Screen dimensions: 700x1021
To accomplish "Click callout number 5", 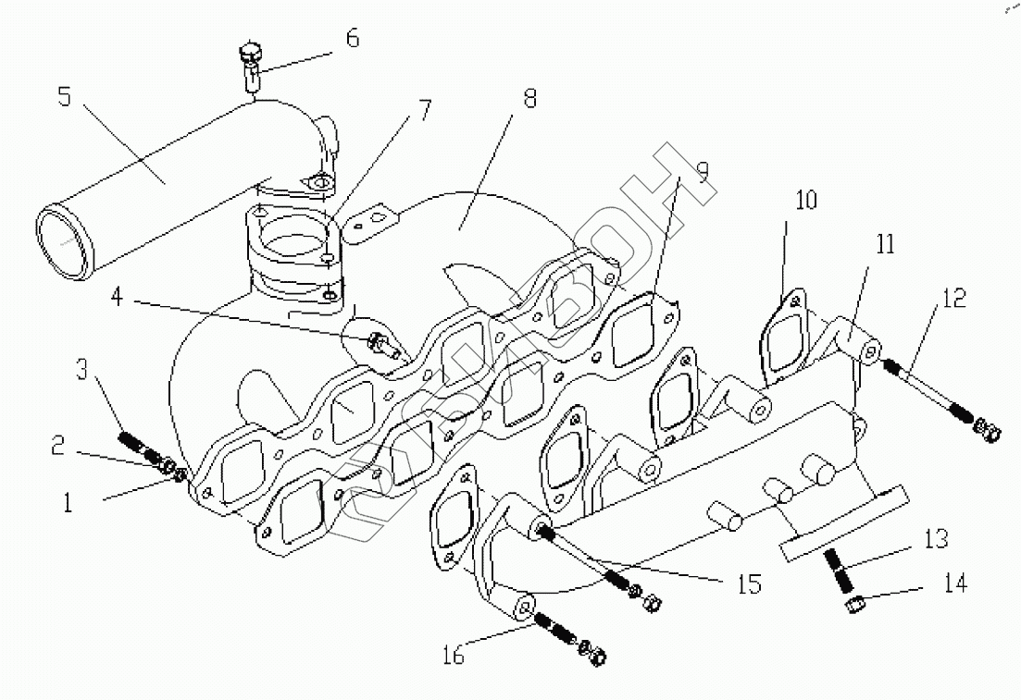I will click(x=64, y=96).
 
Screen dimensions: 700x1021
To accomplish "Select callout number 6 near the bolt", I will click(x=353, y=39).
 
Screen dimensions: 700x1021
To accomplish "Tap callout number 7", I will click(x=425, y=110).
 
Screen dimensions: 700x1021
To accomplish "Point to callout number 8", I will click(x=529, y=99).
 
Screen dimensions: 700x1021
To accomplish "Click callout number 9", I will click(x=703, y=170).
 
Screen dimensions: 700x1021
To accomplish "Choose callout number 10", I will click(x=806, y=201).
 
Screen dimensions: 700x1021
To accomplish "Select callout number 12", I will click(x=954, y=298).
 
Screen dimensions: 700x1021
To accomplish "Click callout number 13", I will click(x=936, y=538).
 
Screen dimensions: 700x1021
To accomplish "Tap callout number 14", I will click(x=954, y=583).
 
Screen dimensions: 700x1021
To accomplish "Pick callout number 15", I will click(x=749, y=584).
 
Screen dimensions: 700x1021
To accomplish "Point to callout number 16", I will click(x=454, y=655).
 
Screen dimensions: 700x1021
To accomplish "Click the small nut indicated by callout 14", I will click(x=856, y=606).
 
